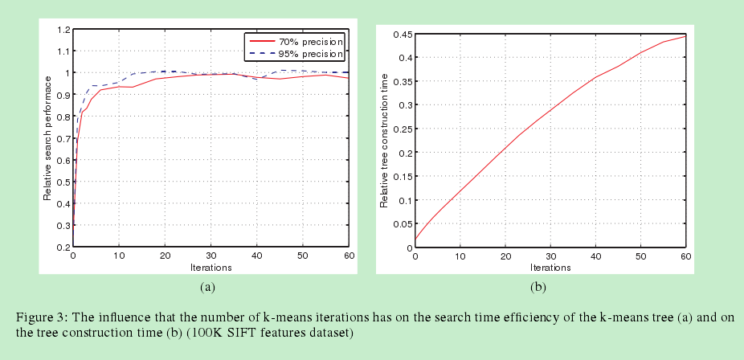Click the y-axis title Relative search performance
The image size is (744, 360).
pyautogui.click(x=48, y=138)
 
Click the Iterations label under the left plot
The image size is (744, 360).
pyautogui.click(x=211, y=267)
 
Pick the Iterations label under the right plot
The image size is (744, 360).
pyautogui.click(x=550, y=267)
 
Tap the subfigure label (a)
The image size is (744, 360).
pyautogui.click(x=206, y=286)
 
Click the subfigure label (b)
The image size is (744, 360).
pyautogui.click(x=538, y=286)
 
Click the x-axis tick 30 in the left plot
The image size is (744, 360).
pyautogui.click(x=211, y=256)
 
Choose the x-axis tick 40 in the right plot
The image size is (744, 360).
pyautogui.click(x=595, y=256)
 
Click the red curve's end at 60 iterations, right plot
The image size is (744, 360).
pyautogui.click(x=685, y=36)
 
